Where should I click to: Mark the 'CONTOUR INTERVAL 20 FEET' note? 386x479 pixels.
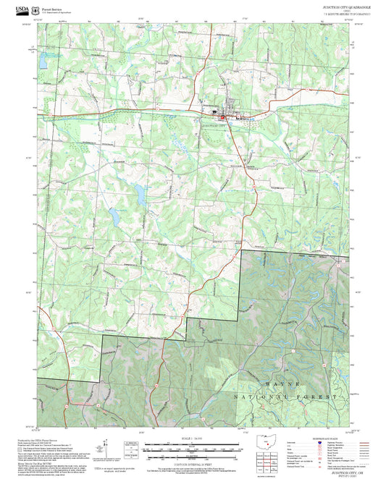[x=192, y=464]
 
